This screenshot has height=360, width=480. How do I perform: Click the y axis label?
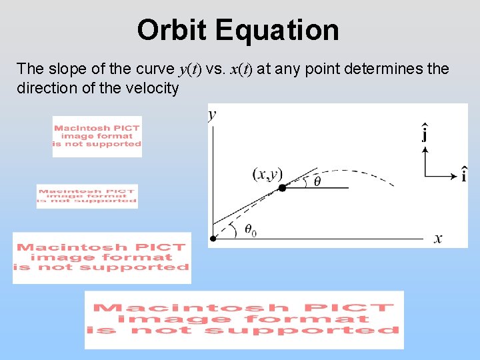pos(212,115)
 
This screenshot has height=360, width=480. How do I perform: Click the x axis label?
pos(438,239)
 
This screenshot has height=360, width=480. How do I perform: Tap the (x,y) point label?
pos(267,174)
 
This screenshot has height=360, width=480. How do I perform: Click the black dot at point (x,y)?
pos(282,189)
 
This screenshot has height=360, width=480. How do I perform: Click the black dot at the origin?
pos(213,238)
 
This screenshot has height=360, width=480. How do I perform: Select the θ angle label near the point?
pos(317,181)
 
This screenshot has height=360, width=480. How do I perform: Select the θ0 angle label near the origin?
pos(250,230)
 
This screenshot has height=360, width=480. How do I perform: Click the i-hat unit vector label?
pos(463,175)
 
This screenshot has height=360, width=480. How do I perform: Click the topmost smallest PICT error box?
pos(97,136)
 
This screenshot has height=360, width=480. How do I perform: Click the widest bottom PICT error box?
pos(244,319)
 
